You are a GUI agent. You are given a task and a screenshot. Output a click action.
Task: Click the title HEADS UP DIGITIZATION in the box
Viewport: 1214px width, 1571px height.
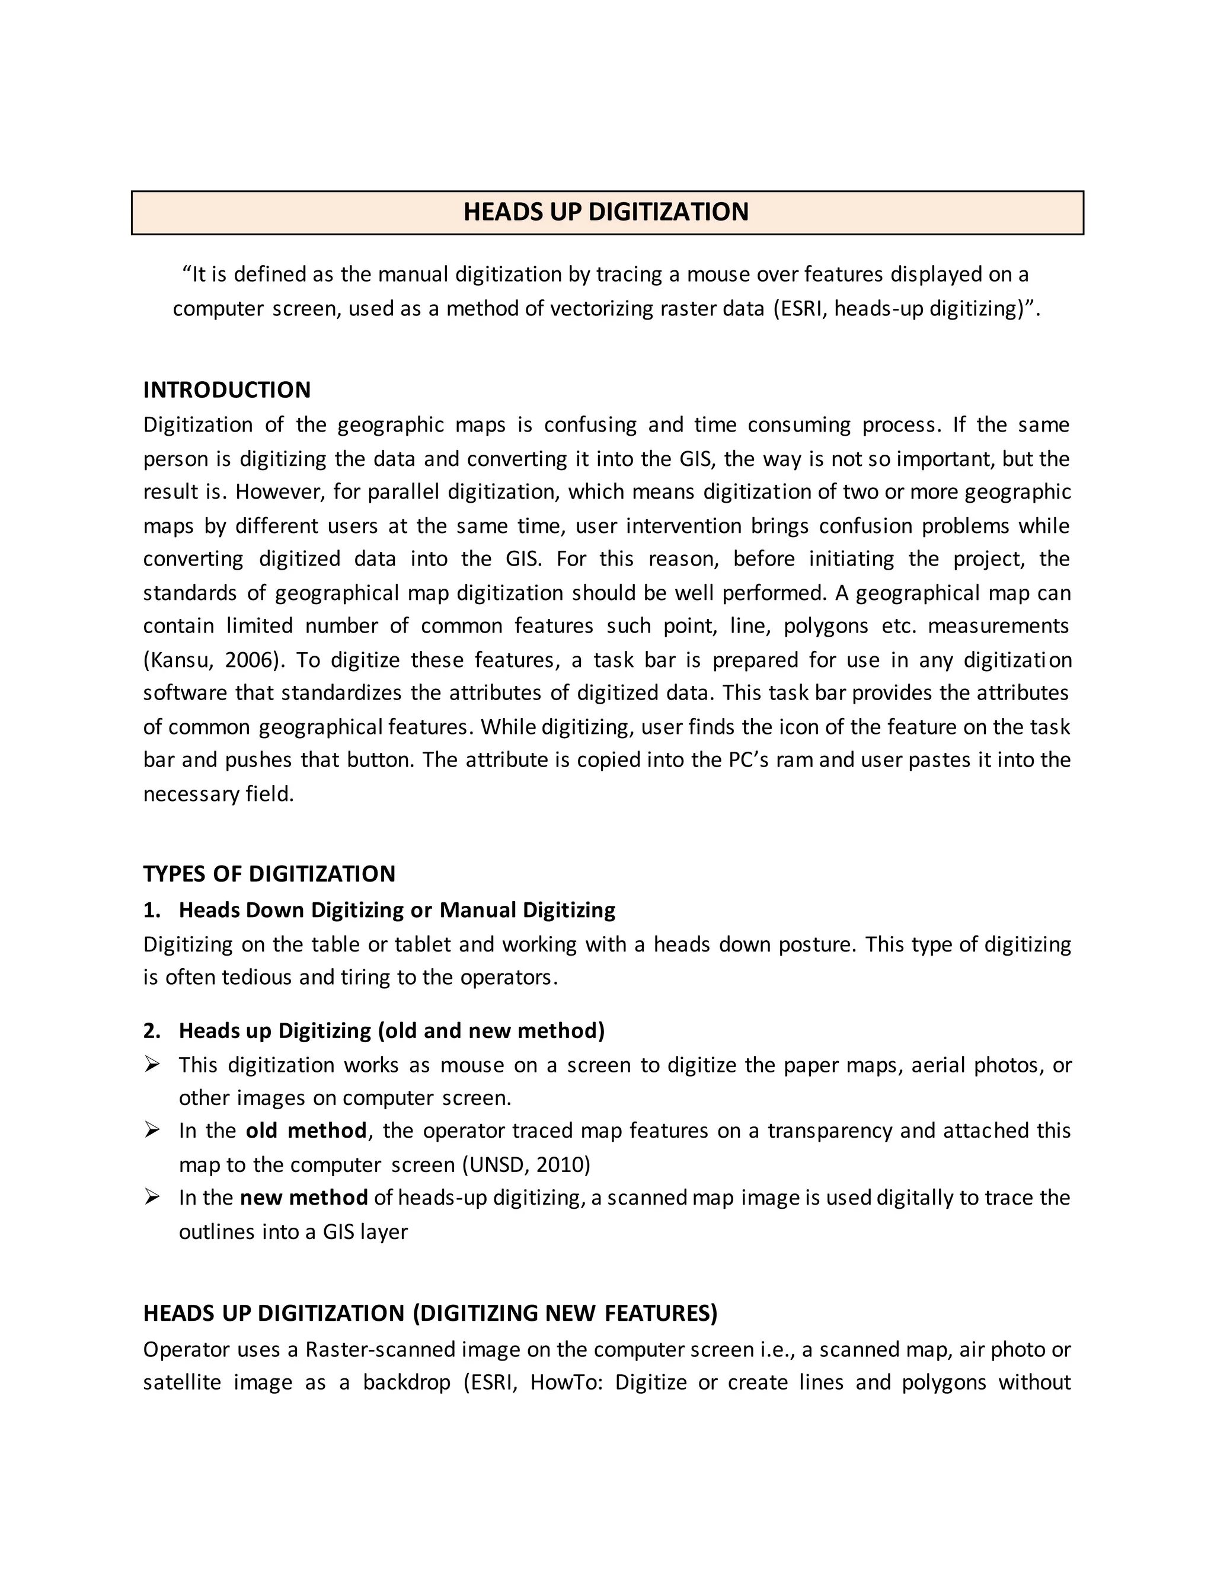point(606,212)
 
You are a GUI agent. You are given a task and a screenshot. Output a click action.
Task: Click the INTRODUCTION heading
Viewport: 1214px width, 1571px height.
point(226,390)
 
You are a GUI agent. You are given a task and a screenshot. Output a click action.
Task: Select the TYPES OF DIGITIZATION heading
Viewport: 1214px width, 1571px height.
point(269,873)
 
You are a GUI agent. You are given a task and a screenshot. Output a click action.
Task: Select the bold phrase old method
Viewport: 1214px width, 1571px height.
point(306,1131)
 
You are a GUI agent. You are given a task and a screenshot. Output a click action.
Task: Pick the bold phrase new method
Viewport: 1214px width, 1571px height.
point(303,1198)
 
